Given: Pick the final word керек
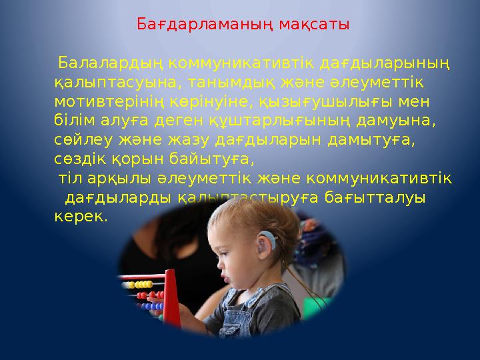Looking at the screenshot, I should [80, 217].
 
